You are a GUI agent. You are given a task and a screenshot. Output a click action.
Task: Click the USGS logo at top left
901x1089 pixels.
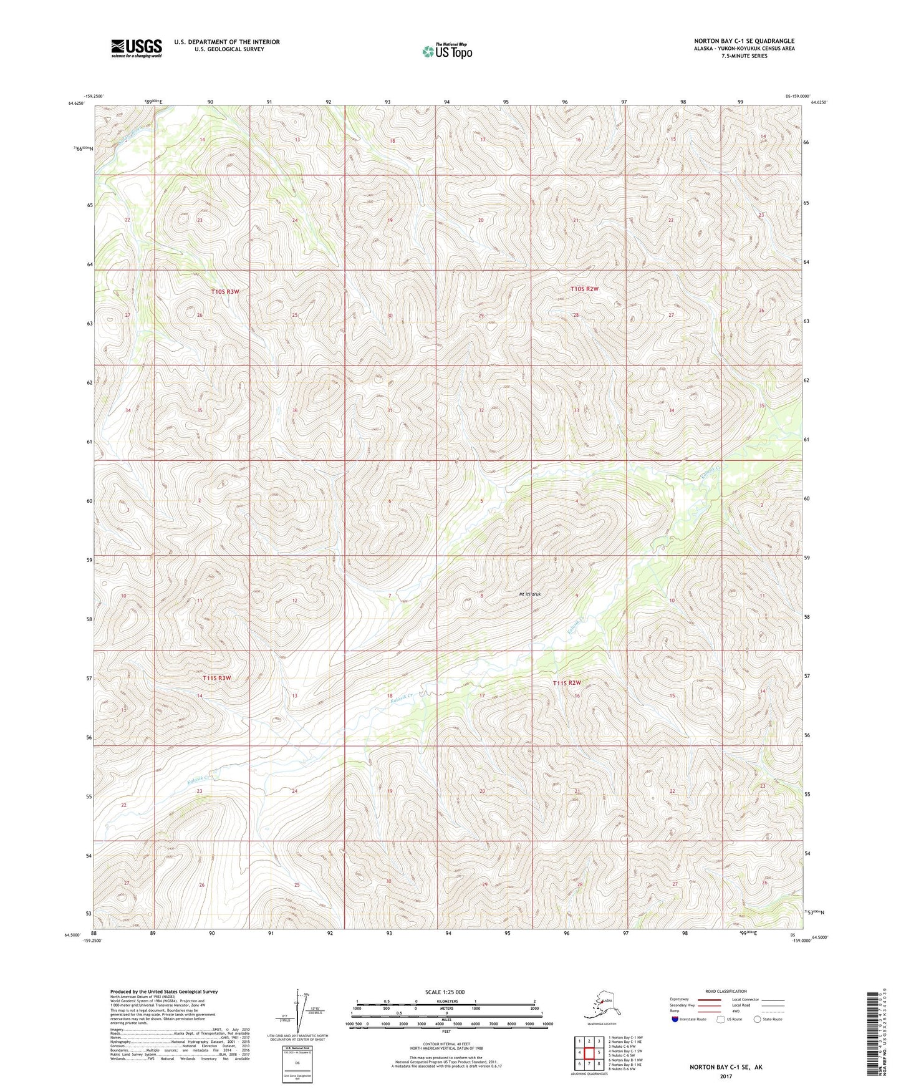(x=136, y=48)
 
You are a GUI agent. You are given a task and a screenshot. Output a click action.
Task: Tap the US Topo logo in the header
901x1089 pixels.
(x=446, y=51)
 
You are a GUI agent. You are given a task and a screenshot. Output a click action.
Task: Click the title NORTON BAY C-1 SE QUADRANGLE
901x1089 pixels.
(x=744, y=41)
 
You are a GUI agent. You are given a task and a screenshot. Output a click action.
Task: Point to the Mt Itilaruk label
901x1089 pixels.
(x=530, y=594)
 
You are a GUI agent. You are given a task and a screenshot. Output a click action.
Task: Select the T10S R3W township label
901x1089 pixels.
(x=225, y=291)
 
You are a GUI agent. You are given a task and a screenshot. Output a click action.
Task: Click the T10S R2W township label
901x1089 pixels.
(x=584, y=289)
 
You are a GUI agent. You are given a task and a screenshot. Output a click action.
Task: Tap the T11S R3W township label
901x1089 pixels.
(x=216, y=678)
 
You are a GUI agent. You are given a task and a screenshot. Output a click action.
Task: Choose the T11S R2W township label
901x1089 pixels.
(x=571, y=683)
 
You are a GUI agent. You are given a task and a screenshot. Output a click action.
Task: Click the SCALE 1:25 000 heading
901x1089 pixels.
(x=445, y=992)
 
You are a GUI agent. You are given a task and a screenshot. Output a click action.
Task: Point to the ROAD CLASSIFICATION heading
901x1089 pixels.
(x=726, y=991)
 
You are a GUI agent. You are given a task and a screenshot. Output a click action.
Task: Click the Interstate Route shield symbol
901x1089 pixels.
(x=676, y=1019)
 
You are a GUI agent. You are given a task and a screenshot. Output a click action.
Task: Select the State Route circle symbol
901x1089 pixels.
(x=757, y=1019)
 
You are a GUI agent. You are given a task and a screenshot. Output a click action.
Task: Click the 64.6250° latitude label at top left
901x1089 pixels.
(x=77, y=104)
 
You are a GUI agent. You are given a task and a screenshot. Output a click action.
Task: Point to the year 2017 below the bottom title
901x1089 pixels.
(x=726, y=1076)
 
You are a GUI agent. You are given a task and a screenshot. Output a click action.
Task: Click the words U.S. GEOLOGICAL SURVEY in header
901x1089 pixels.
(x=229, y=49)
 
